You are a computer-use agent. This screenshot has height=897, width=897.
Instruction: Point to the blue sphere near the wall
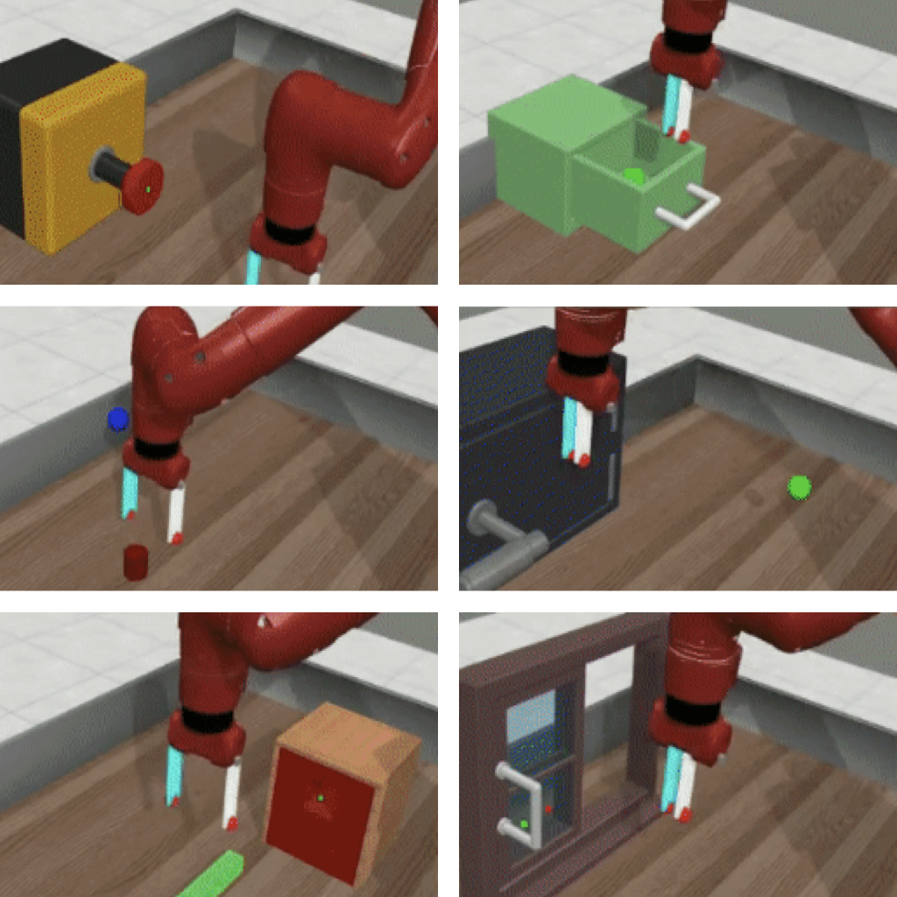click(x=117, y=420)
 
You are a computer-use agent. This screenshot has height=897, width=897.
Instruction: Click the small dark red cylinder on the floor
click(x=135, y=562)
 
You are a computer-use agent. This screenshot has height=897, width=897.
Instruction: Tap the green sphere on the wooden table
click(x=799, y=487)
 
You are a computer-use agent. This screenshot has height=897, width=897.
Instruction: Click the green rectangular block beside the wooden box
click(x=211, y=875)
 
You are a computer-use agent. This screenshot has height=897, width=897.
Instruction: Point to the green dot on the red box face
click(x=321, y=797)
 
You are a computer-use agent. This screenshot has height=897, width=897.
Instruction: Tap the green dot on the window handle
click(x=524, y=823)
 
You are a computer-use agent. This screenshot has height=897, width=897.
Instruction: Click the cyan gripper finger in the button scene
click(x=253, y=267)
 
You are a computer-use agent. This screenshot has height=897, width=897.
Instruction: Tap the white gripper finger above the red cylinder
click(x=177, y=512)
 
